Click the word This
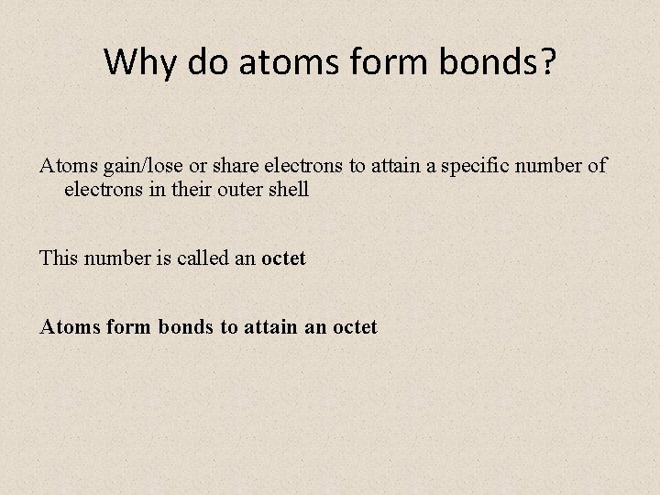(59, 258)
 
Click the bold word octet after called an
(283, 258)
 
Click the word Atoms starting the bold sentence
(68, 326)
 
